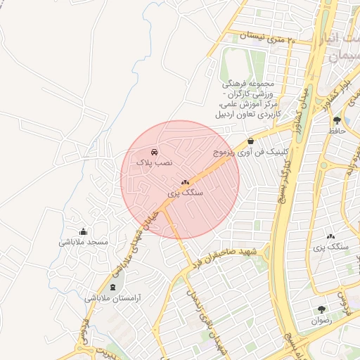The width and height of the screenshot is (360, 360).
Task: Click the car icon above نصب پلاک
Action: (154, 152)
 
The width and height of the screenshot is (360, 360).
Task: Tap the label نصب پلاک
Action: (149, 162)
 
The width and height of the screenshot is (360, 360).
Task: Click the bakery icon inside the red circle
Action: (186, 182)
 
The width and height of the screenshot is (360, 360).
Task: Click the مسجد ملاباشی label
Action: (84, 242)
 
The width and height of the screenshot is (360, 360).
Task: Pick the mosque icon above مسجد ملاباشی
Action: (84, 232)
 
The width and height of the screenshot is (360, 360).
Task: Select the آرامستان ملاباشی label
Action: (113, 298)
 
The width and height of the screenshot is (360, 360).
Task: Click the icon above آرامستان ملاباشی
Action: (113, 288)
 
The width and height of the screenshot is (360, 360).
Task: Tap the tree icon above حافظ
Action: (337, 120)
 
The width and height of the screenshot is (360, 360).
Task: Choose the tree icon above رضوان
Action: (321, 309)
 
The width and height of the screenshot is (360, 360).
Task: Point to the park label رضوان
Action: (321, 320)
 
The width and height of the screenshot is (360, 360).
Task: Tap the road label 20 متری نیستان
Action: (267, 37)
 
